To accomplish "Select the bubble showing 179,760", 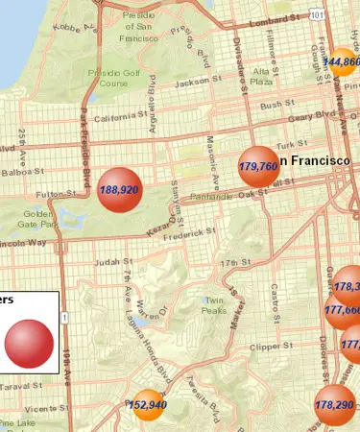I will pyautogui.click(x=258, y=166).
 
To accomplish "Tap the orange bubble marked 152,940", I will pyautogui.click(x=148, y=404).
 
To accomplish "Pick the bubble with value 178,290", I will pyautogui.click(x=333, y=404).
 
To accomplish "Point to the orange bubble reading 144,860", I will pyautogui.click(x=343, y=62).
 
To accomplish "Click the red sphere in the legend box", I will pyautogui.click(x=29, y=343).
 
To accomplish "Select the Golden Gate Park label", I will pyautogui.click(x=39, y=218).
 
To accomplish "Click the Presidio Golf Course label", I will pyautogui.click(x=108, y=77).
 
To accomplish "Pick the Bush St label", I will pyautogui.click(x=276, y=105).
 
